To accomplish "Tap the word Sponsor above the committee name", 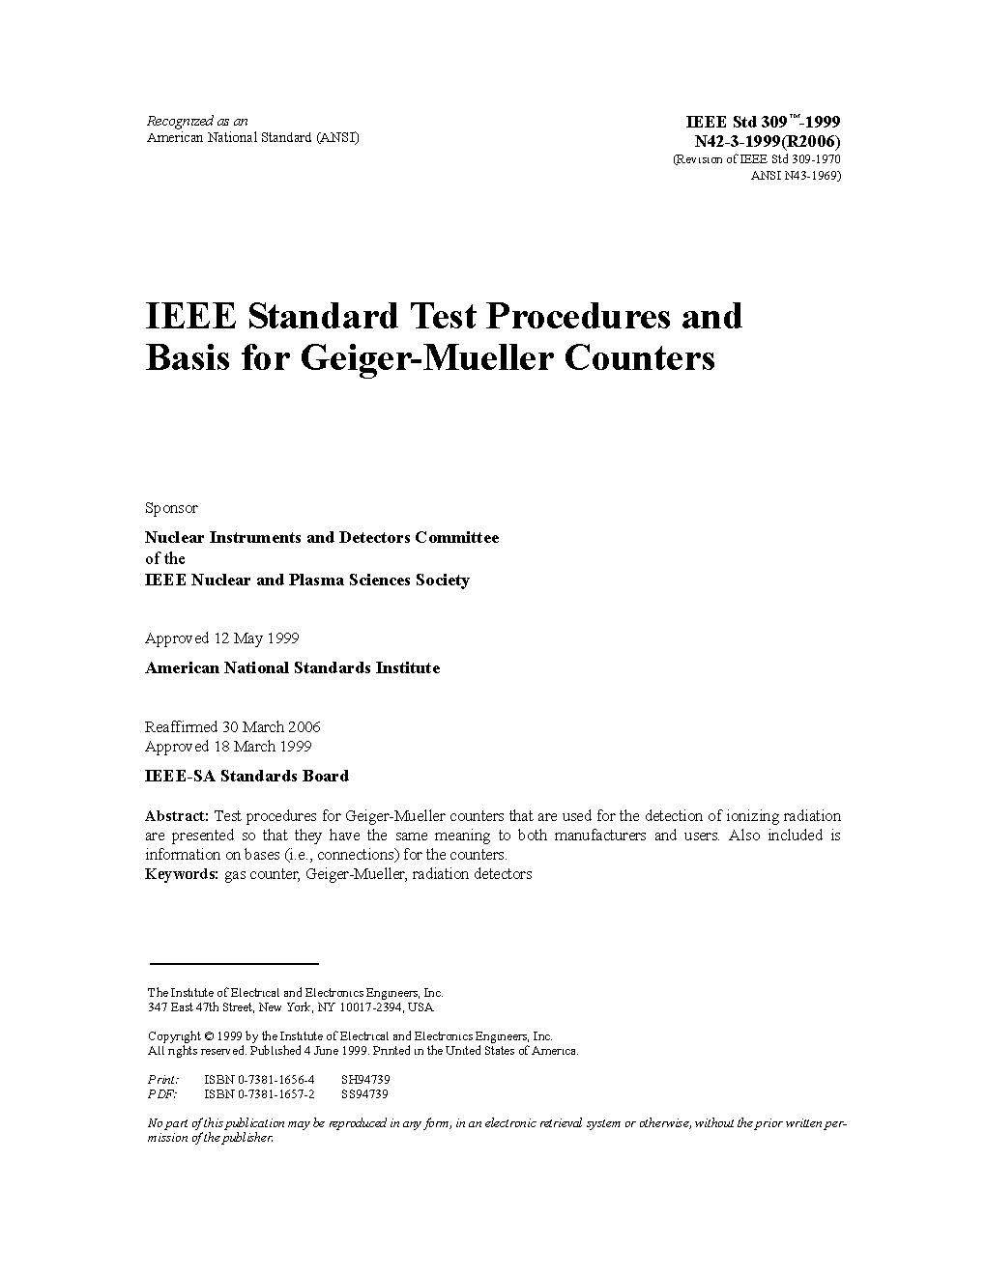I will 171,508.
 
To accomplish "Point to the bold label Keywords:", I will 182,874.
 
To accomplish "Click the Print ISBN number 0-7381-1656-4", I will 259,1080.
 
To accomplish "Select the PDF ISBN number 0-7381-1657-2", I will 259,1094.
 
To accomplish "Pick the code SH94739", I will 365,1080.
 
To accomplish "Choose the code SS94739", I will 364,1094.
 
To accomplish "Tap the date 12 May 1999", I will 256,638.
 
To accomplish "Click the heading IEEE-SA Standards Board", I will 246,776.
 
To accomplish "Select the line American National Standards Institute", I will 292,667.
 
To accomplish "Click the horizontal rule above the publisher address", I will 233,963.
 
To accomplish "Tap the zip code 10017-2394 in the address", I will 374,1006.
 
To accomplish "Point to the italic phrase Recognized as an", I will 197,121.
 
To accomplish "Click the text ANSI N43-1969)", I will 796,176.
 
